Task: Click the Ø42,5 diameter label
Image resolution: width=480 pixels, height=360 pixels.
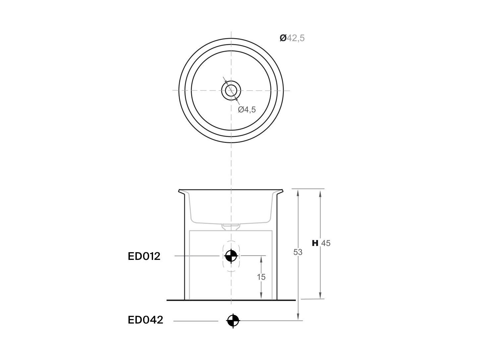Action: [x=292, y=38]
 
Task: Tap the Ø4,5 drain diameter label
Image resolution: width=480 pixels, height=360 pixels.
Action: [x=247, y=109]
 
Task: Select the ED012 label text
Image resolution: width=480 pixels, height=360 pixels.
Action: [x=144, y=256]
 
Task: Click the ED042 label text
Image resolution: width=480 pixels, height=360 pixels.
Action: [x=145, y=320]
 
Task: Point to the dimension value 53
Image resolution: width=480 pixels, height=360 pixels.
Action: [x=298, y=252]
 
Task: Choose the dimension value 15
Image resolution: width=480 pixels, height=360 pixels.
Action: [x=261, y=277]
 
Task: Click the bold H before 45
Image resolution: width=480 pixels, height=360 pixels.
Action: [x=315, y=243]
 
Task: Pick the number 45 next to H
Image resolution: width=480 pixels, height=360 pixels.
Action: [x=326, y=243]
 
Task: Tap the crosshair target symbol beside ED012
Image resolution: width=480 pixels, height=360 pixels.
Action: [x=231, y=256]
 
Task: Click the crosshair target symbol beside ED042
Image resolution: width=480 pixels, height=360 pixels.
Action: [x=233, y=321]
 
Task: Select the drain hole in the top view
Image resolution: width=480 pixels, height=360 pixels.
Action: [x=231, y=90]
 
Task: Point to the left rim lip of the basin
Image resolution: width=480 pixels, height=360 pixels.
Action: [x=182, y=192]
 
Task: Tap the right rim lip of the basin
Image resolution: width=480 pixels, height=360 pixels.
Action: [x=281, y=192]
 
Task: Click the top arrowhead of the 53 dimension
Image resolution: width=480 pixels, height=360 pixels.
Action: [x=298, y=192]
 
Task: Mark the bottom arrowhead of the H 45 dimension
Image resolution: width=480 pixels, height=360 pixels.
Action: [x=320, y=296]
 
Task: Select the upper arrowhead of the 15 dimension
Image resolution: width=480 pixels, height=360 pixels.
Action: [x=261, y=259]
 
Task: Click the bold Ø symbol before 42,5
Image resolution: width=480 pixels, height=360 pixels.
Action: [x=283, y=38]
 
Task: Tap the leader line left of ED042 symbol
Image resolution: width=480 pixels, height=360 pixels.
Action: [x=195, y=321]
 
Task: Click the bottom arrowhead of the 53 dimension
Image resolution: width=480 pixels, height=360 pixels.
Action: [x=298, y=317]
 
